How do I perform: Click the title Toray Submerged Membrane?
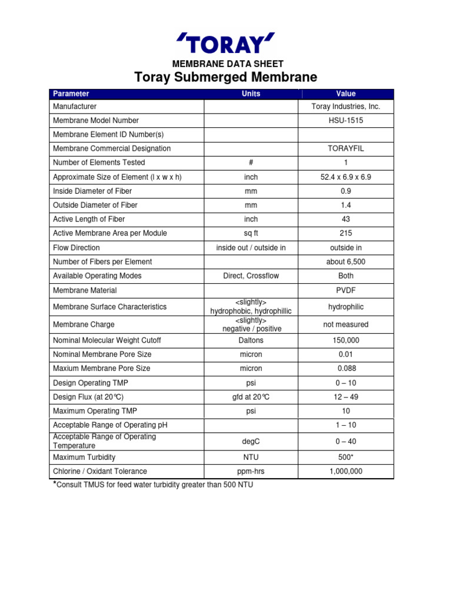pyautogui.click(x=226, y=77)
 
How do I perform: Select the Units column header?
pyautogui.click(x=251, y=94)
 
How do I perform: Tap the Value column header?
pyautogui.click(x=346, y=94)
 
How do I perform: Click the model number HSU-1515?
pyautogui.click(x=346, y=120)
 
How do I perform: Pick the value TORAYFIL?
pyautogui.click(x=346, y=148)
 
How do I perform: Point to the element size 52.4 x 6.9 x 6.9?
pyautogui.click(x=346, y=177)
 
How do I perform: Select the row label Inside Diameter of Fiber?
pyautogui.click(x=92, y=191)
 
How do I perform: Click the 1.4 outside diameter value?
pyautogui.click(x=346, y=205)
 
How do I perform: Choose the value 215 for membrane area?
pyautogui.click(x=346, y=233)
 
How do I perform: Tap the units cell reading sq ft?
pyautogui.click(x=251, y=233)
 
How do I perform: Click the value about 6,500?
pyautogui.click(x=346, y=261)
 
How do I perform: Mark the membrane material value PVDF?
pyautogui.click(x=346, y=290)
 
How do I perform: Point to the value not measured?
pyautogui.click(x=346, y=324)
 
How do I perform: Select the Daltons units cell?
pyautogui.click(x=251, y=340)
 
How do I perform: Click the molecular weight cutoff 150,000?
pyautogui.click(x=346, y=340)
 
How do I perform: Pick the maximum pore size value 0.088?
pyautogui.click(x=346, y=369)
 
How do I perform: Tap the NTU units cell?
pyautogui.click(x=251, y=457)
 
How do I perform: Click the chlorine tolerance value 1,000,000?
pyautogui.click(x=346, y=471)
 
